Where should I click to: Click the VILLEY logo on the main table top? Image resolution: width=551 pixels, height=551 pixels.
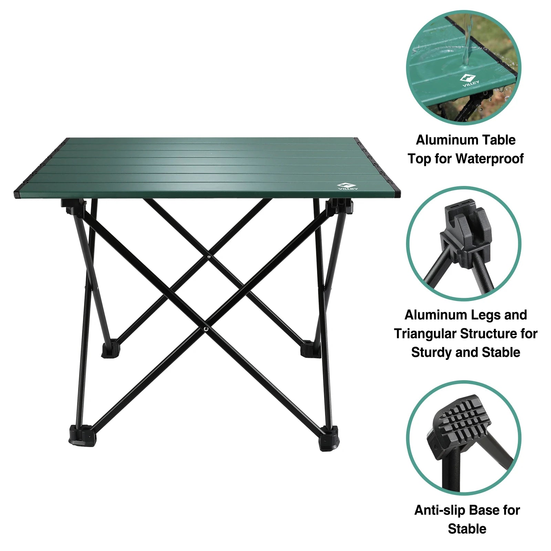point(347,186)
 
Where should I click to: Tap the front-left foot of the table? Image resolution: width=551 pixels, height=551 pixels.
point(82,437)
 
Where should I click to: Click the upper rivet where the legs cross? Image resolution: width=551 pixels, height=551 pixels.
point(209,256)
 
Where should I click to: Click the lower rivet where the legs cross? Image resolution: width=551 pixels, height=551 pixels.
point(206,329)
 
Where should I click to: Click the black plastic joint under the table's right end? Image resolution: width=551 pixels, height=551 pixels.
point(339,207)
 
